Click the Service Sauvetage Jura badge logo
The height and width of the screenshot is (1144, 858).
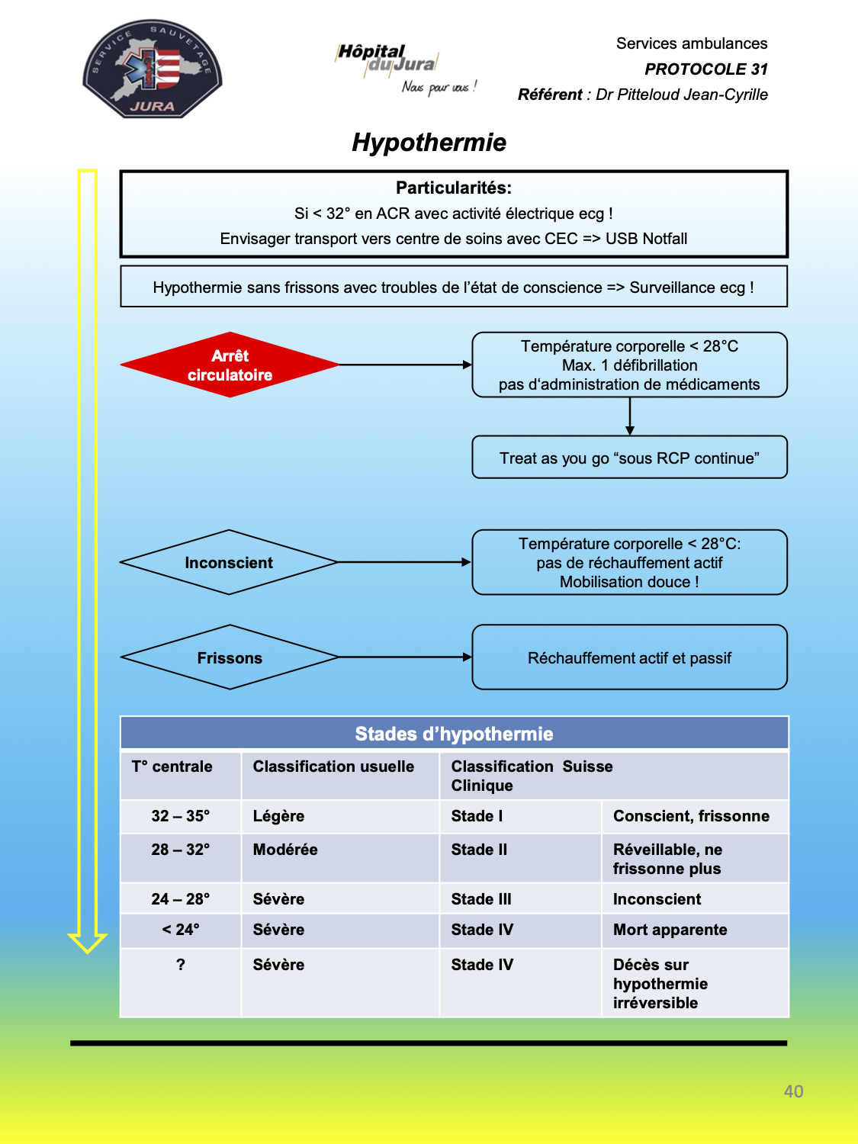tap(152, 69)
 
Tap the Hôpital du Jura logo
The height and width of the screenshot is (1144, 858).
tap(405, 69)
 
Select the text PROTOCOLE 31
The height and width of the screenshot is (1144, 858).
tap(706, 69)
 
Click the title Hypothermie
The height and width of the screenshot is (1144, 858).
tap(429, 143)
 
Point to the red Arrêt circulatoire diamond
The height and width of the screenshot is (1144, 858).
tap(230, 365)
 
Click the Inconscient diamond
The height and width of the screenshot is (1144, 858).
tap(230, 562)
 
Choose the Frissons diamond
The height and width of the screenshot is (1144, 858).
tap(230, 657)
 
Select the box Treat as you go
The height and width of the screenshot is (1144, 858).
tap(629, 457)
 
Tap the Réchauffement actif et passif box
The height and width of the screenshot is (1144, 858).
tap(629, 657)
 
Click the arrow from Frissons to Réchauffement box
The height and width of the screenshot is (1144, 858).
tap(405, 657)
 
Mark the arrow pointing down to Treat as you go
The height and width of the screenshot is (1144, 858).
tap(630, 416)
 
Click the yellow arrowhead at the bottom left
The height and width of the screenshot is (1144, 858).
tap(88, 943)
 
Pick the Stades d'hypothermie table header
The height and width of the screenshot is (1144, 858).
tap(455, 734)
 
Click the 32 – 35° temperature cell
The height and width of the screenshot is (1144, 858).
tap(181, 816)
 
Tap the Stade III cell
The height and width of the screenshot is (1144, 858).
tap(520, 898)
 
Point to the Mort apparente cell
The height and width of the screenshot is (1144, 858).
tap(696, 930)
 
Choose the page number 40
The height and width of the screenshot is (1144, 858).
tap(793, 1091)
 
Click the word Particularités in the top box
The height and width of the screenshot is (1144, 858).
tap(454, 188)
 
